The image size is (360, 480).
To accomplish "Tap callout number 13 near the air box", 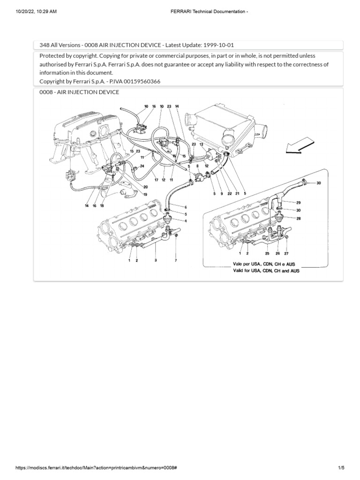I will click(x=201, y=145).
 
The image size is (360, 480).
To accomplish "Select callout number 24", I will click(x=142, y=166).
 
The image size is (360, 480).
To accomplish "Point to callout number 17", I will click(x=156, y=180).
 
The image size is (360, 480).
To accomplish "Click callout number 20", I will click(x=146, y=187).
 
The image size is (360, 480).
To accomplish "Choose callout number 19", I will click(x=145, y=194).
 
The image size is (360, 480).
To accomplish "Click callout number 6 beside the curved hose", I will click(x=186, y=207).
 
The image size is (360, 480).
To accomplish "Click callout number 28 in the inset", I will click(x=298, y=218).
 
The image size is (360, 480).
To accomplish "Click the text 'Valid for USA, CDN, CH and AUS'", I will click(x=266, y=271).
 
